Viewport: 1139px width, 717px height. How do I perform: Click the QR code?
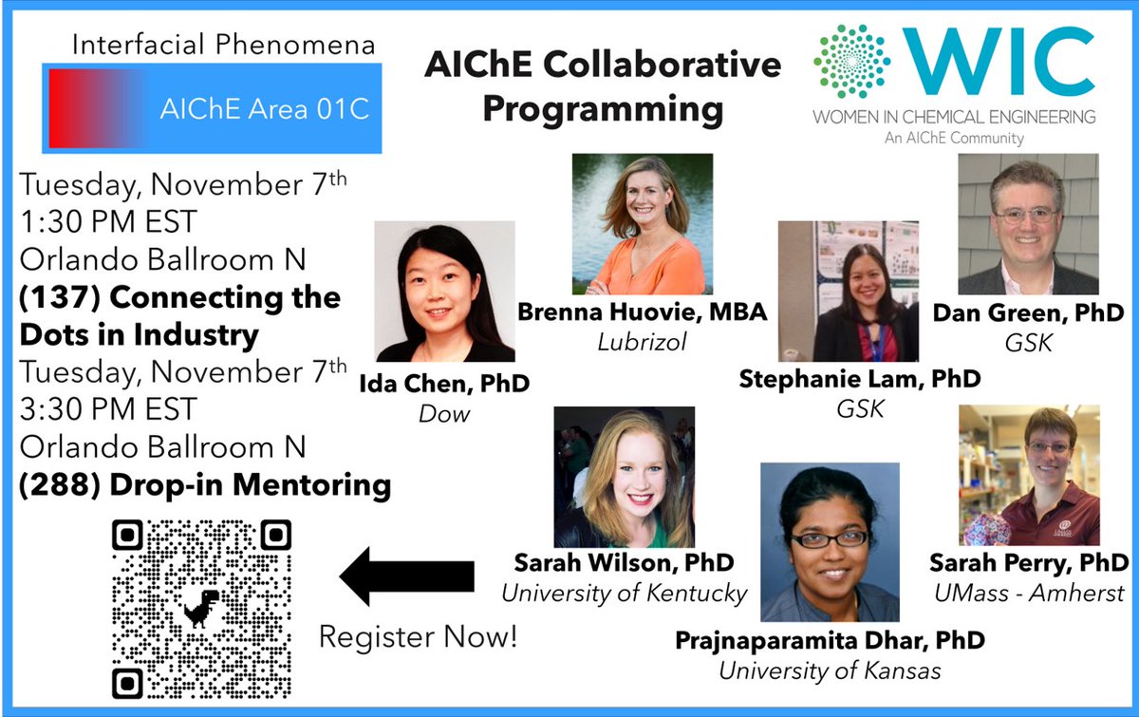tap(201, 609)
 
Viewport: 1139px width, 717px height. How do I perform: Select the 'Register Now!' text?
tap(418, 636)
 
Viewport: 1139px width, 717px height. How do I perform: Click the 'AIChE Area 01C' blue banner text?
tap(263, 109)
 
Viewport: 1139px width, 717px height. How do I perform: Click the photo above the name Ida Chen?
tap(444, 292)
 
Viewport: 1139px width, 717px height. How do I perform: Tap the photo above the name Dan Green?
tap(1027, 224)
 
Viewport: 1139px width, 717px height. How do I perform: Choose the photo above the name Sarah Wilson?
tap(624, 477)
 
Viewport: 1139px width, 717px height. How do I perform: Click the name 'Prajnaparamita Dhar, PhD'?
tap(829, 640)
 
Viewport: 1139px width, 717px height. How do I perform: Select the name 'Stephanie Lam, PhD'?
tap(860, 380)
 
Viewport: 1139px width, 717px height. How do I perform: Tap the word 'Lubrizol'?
tap(642, 343)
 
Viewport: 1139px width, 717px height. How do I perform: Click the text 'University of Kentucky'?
tap(624, 594)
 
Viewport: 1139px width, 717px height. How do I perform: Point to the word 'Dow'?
tap(444, 415)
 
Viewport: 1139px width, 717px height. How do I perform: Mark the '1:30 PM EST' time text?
tap(108, 221)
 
